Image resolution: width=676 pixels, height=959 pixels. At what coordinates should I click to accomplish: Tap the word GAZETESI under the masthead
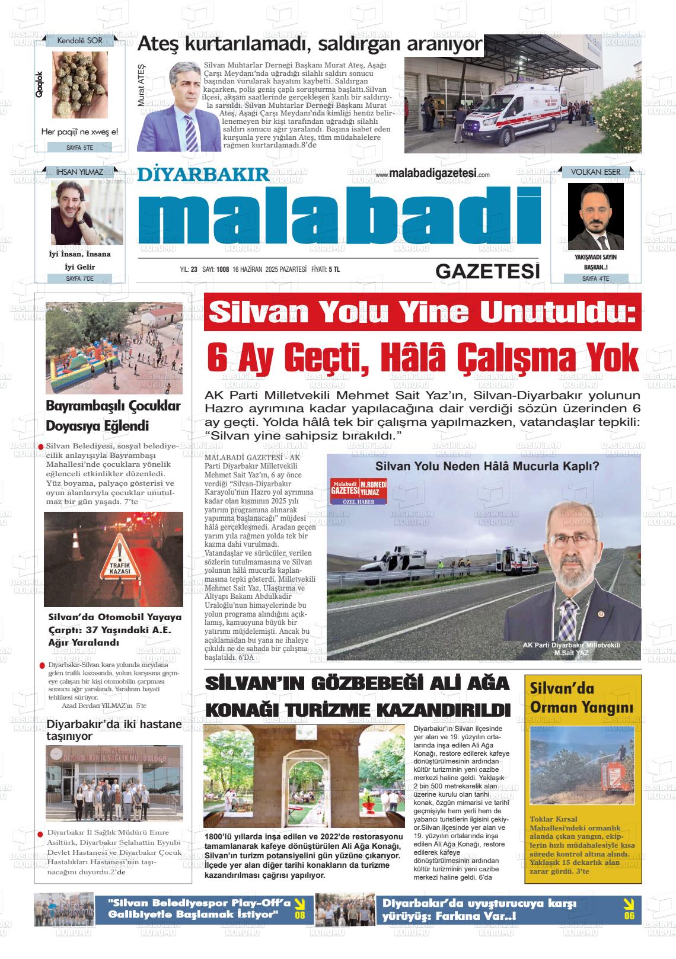[487, 271]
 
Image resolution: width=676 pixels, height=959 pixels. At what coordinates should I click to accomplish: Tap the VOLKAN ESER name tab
[595, 172]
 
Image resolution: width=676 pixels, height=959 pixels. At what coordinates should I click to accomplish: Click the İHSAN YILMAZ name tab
[79, 172]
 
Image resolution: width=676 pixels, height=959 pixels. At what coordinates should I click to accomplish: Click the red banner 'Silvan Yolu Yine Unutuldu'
[423, 312]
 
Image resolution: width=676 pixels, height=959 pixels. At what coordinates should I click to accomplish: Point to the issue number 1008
[223, 270]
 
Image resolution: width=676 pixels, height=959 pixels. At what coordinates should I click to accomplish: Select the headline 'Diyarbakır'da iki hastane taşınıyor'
[114, 730]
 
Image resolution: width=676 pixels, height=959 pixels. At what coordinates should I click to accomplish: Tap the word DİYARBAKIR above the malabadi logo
[203, 175]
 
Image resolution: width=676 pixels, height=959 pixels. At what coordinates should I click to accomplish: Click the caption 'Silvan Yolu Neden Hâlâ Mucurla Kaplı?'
[487, 466]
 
